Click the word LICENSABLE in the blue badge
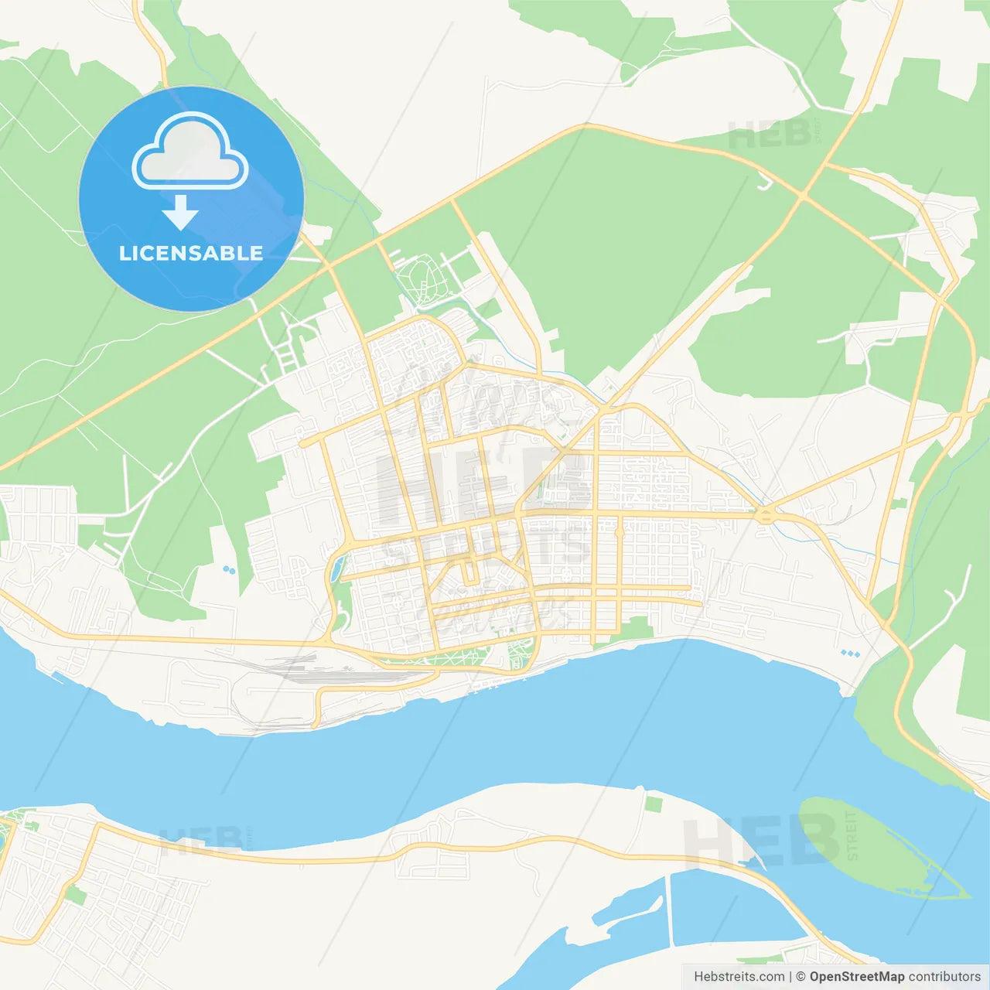tap(191, 254)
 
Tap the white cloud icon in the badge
tap(190, 152)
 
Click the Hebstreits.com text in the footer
tap(739, 977)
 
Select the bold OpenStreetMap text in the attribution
tap(856, 977)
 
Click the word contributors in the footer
tap(944, 977)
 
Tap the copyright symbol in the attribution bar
tap(801, 977)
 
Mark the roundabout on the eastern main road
tap(765, 515)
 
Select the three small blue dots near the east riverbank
tap(850, 654)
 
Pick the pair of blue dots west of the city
tap(229, 570)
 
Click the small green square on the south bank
tap(654, 804)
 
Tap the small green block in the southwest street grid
tap(75, 896)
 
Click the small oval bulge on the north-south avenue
tap(619, 531)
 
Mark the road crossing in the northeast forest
tap(803, 196)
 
